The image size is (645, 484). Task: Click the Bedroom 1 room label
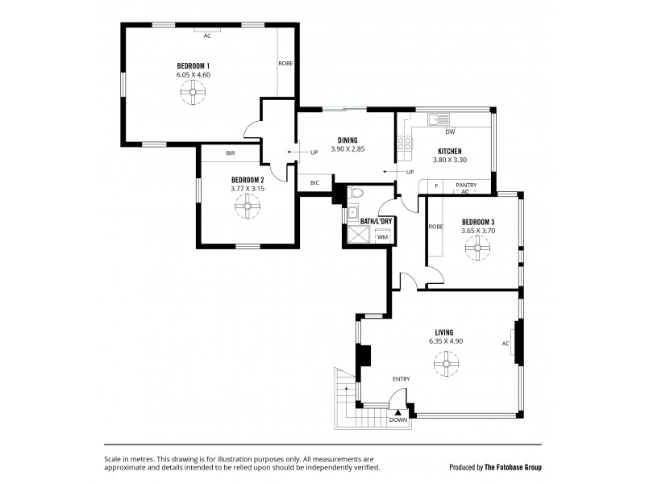[193, 65]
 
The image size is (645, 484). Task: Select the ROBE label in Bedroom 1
[285, 63]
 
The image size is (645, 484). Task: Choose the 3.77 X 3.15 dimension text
[247, 189]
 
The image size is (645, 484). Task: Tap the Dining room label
[347, 140]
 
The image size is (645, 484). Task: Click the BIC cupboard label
[314, 184]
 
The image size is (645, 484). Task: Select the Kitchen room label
[450, 151]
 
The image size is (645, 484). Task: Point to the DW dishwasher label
[450, 132]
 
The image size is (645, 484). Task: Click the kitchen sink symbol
[439, 120]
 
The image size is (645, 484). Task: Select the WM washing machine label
[381, 236]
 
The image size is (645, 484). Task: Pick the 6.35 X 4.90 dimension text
[445, 341]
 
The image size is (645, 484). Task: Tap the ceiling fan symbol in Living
[444, 367]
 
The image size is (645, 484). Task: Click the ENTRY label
[402, 379]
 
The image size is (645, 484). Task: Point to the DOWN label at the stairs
[398, 420]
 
